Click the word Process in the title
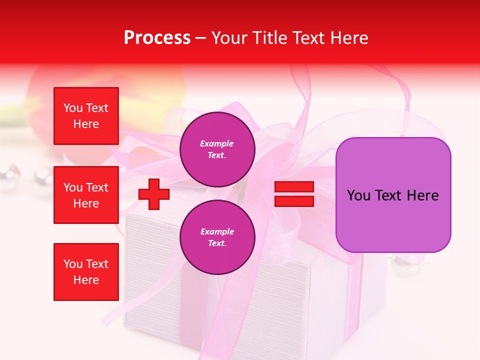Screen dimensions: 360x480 point(157,38)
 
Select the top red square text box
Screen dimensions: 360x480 point(86,116)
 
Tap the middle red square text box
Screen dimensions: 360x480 point(86,195)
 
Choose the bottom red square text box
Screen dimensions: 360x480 point(86,272)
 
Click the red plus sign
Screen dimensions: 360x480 point(154,194)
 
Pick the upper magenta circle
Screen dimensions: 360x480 point(217,149)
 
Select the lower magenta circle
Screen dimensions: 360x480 point(217,237)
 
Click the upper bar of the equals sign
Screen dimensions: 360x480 point(294,187)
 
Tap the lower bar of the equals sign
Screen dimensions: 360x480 point(294,201)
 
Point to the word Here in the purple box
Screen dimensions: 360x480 point(422,195)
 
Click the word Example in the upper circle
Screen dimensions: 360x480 point(217,143)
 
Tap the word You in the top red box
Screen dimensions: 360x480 point(73,108)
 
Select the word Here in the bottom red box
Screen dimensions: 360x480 point(86,280)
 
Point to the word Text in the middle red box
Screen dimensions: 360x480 point(97,187)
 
